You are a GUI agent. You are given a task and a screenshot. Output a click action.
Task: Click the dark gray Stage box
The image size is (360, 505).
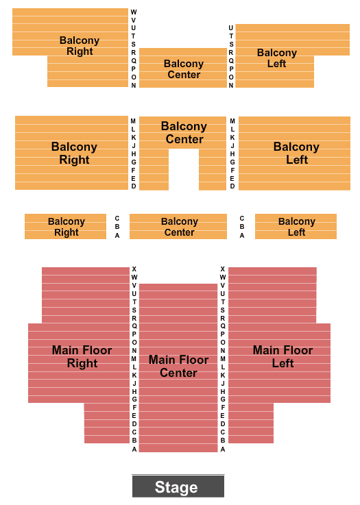pyautogui.click(x=178, y=486)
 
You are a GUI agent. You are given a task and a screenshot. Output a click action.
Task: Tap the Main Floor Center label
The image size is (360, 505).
pyautogui.click(x=178, y=366)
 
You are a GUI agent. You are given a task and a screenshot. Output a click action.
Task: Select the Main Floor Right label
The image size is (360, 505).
pyautogui.click(x=82, y=356)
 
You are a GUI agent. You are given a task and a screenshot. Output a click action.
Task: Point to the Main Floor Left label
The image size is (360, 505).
pyautogui.click(x=283, y=356)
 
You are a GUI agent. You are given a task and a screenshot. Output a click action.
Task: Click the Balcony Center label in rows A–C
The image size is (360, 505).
pyautogui.click(x=180, y=227)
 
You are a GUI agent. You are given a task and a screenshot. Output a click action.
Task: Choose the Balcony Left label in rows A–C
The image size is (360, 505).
pyautogui.click(x=296, y=227)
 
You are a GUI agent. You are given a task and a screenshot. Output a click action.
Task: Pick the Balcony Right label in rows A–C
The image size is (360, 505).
pyautogui.click(x=67, y=227)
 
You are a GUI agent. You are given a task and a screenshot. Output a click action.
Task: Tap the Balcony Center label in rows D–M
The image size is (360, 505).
pyautogui.click(x=184, y=132)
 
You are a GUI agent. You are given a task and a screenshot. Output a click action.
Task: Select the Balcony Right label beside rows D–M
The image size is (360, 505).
pyautogui.click(x=74, y=153)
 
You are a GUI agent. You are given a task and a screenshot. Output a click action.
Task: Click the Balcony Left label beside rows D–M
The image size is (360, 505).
pyautogui.click(x=296, y=153)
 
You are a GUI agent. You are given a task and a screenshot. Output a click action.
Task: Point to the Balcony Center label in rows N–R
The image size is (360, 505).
pyautogui.click(x=184, y=69)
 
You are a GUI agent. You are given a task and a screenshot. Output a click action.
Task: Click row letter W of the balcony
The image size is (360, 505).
pyautogui.click(x=134, y=12)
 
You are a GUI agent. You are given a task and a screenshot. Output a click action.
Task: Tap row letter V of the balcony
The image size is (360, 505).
pyautogui.click(x=134, y=20)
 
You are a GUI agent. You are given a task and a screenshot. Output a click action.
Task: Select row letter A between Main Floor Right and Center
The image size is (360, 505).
pyautogui.click(x=134, y=449)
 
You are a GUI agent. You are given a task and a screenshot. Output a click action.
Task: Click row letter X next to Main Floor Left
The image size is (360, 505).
pyautogui.click(x=222, y=269)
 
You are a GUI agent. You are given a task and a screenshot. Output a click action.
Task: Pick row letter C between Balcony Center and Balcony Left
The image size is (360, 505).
pyautogui.click(x=242, y=218)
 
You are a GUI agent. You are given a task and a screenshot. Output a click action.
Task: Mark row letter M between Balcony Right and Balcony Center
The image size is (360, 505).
pyautogui.click(x=133, y=121)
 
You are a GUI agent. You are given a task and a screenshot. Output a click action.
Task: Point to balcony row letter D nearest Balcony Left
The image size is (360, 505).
pyautogui.click(x=232, y=186)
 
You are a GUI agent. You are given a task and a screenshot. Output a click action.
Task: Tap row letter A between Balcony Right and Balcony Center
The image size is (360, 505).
pyautogui.click(x=117, y=236)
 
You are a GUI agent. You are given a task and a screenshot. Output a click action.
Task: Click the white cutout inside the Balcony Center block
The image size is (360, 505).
pyautogui.click(x=184, y=169)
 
